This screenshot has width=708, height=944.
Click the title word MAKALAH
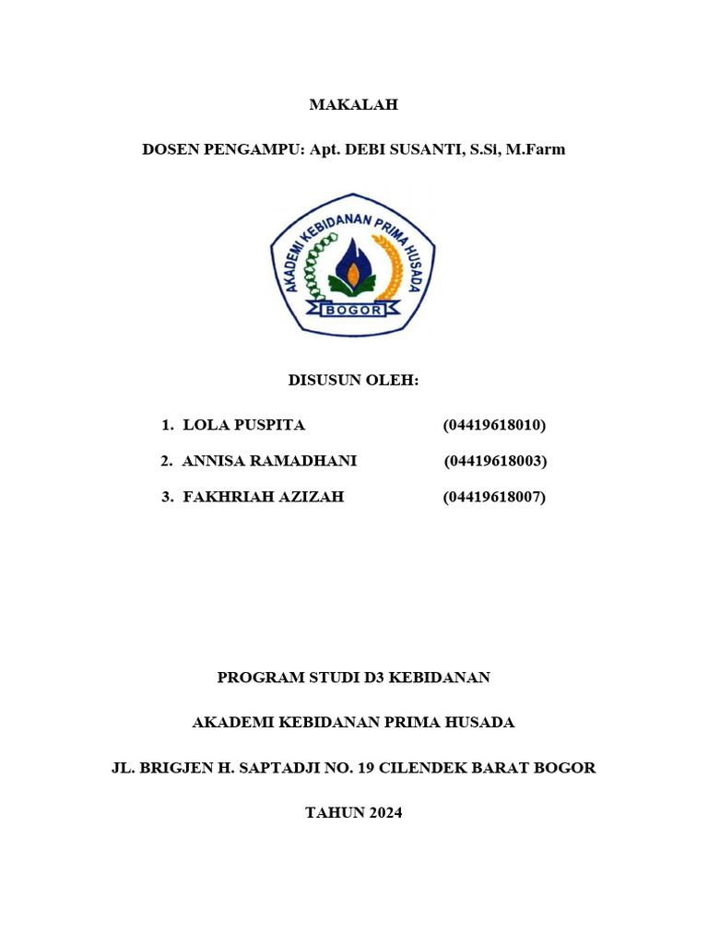click(x=353, y=105)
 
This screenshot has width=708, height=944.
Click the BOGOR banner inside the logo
click(x=353, y=310)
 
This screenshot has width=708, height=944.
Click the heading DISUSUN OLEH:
click(x=353, y=380)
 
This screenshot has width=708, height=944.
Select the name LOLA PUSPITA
click(x=244, y=425)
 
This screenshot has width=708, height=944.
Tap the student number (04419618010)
click(x=494, y=425)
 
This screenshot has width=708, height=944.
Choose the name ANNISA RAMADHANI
click(x=269, y=461)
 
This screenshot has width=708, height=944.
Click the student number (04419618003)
click(x=495, y=461)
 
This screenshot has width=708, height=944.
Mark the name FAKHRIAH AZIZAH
click(x=264, y=497)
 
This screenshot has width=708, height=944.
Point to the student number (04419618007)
click(x=494, y=497)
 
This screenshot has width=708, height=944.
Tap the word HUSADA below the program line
click(x=478, y=723)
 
